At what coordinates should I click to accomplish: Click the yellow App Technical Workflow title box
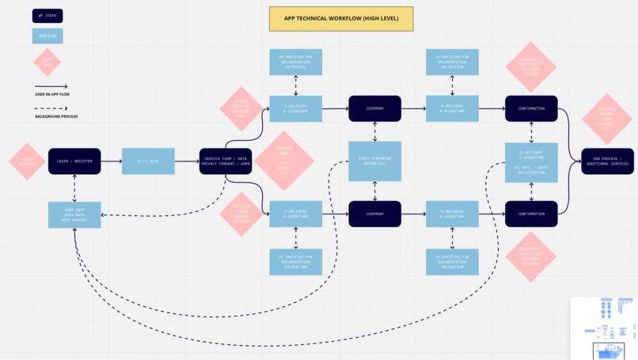tap(340, 19)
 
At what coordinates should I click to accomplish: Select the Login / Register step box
tap(74, 161)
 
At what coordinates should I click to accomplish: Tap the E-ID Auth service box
tap(148, 161)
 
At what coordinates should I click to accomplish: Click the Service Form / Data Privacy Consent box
tap(226, 161)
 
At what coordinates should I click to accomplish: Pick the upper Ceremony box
tap(374, 108)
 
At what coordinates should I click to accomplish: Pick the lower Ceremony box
tap(374, 214)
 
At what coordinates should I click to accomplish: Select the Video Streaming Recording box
tap(374, 161)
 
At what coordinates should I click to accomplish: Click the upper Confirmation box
tap(531, 108)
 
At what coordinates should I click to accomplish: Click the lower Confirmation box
tap(531, 214)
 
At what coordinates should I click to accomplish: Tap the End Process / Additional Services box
tap(607, 161)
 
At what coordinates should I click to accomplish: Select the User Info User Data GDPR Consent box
tap(74, 214)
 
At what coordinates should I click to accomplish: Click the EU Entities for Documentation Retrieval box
tap(296, 62)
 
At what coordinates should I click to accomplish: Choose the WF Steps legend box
tap(47, 16)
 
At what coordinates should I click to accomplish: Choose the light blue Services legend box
tap(47, 36)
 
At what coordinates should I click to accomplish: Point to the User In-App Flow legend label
tap(51, 94)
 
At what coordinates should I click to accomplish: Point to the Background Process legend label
tap(56, 116)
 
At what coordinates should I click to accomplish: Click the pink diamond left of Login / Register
tap(26, 161)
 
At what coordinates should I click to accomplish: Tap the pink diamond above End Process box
tap(607, 119)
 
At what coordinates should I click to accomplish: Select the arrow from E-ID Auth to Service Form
tap(187, 161)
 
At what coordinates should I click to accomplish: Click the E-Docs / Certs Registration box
tap(531, 169)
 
